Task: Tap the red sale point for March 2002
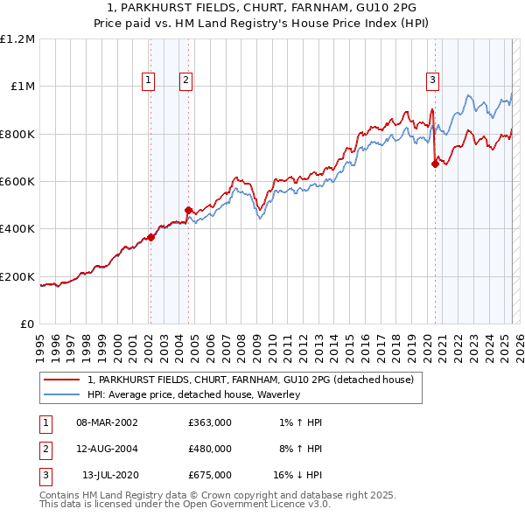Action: point(150,236)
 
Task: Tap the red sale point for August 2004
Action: point(188,210)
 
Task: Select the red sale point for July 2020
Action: point(435,163)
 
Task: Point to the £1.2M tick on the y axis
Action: point(17,39)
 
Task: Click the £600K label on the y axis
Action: point(17,182)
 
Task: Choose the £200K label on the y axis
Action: point(17,276)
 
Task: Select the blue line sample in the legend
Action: point(62,394)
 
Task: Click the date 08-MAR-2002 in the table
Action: point(108,422)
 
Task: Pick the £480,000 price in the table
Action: point(209,449)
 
